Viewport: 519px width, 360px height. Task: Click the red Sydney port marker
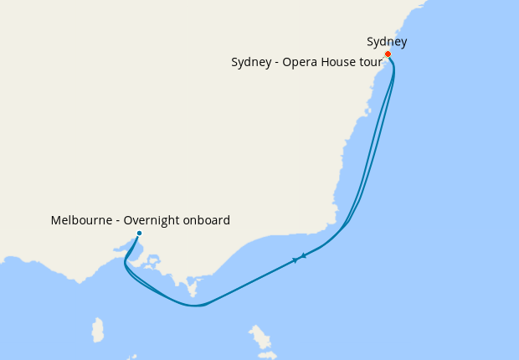pyautogui.click(x=388, y=54)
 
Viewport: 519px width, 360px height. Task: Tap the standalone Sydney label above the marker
pyautogui.click(x=387, y=42)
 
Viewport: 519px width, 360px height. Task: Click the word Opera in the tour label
pyautogui.click(x=300, y=62)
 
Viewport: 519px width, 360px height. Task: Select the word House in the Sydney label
pyautogui.click(x=337, y=62)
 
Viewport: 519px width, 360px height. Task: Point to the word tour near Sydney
pyautogui.click(x=369, y=62)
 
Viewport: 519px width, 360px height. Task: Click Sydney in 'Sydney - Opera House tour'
pyautogui.click(x=251, y=62)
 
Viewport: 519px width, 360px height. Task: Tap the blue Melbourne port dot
pyautogui.click(x=139, y=234)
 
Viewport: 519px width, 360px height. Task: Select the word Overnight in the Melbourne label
pyautogui.click(x=152, y=221)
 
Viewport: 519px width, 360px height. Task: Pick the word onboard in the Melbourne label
pyautogui.click(x=207, y=221)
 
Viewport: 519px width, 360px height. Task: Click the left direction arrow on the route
pyautogui.click(x=295, y=260)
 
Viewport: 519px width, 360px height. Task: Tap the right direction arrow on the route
pyautogui.click(x=304, y=255)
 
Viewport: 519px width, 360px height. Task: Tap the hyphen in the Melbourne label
pyautogui.click(x=117, y=221)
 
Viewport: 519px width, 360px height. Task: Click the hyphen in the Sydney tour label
pyautogui.click(x=276, y=62)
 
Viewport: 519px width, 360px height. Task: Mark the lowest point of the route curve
pyautogui.click(x=194, y=306)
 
